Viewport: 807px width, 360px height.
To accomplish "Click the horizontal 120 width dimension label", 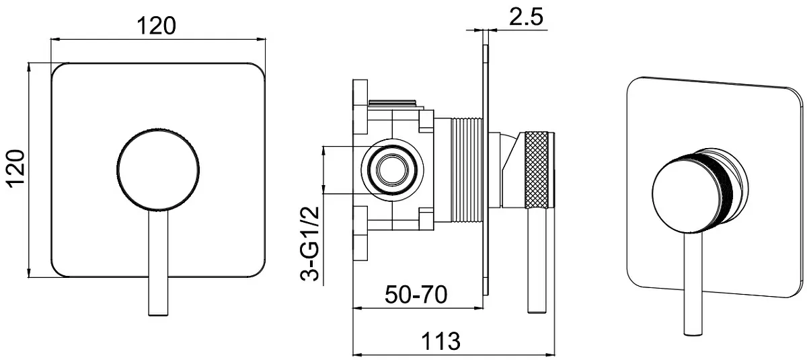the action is coord(157,26).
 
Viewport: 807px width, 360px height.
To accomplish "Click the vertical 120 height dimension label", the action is coord(17,169).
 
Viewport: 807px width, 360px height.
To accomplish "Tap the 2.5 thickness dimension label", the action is coord(526,17).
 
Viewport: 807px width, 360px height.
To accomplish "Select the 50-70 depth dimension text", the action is coord(416,295).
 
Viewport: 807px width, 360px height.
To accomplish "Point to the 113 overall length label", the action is coord(440,341).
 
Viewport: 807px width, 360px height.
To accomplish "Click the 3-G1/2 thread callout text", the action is coord(309,243).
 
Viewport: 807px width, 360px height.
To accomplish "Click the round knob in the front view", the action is coord(158,169).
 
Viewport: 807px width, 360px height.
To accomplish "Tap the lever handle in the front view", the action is coord(158,262).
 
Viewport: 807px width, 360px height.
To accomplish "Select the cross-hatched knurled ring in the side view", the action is coord(537,170).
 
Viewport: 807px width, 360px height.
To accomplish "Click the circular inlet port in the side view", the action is coord(392,170).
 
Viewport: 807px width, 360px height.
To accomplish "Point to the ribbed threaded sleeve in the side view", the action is coord(467,170).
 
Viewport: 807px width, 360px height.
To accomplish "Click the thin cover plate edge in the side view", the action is coord(486,170).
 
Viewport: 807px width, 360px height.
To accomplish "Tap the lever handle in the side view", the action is coord(537,260).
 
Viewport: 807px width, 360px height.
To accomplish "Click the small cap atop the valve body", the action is coord(393,103).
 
